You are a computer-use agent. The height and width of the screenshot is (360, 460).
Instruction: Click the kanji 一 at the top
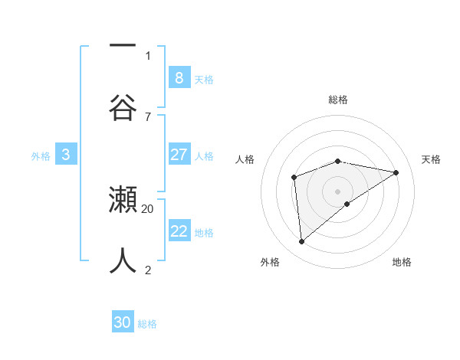pyautogui.click(x=123, y=46)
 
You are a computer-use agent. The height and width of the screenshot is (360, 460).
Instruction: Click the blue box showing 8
pyautogui.click(x=179, y=77)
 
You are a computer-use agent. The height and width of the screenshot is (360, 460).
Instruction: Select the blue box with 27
pyautogui.click(x=179, y=155)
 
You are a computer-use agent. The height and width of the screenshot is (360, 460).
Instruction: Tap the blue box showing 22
pyautogui.click(x=179, y=231)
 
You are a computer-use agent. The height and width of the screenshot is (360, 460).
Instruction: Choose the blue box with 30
pyautogui.click(x=123, y=322)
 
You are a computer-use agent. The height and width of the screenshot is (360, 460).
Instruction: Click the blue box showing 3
pyautogui.click(x=66, y=155)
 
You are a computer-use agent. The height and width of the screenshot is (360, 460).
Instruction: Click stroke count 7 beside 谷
pyautogui.click(x=148, y=116)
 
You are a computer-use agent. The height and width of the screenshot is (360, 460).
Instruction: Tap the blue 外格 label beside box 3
pyautogui.click(x=41, y=156)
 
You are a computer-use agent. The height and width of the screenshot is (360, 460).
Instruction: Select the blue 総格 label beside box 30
pyautogui.click(x=147, y=324)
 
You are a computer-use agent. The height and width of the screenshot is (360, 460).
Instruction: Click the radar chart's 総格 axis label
pyautogui.click(x=338, y=100)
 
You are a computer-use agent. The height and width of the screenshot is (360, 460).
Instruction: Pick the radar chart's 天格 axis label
pyautogui.click(x=431, y=159)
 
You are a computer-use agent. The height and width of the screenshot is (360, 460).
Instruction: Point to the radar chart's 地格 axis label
pyautogui.click(x=402, y=262)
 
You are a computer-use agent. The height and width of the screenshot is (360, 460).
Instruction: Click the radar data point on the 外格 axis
pyautogui.click(x=301, y=241)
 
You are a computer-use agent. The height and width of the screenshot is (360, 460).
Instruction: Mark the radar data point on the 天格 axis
pyautogui.click(x=396, y=172)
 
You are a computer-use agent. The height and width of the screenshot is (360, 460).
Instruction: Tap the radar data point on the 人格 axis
pyautogui.click(x=294, y=178)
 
